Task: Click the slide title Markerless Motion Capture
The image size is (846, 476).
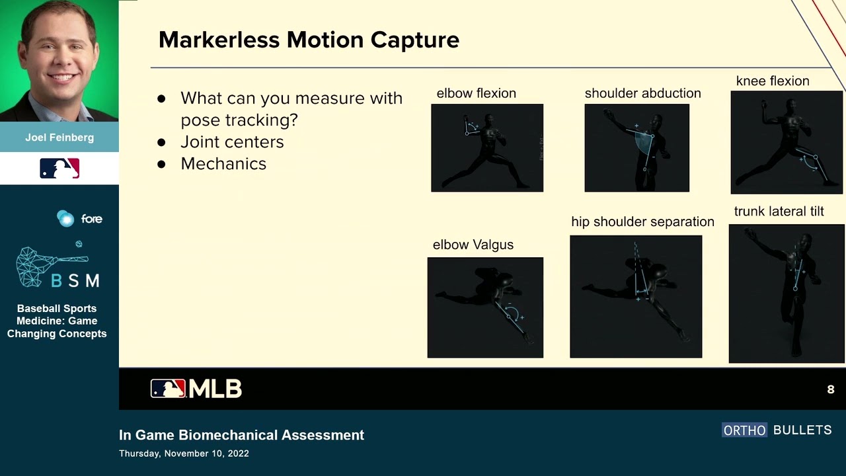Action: pos(309,40)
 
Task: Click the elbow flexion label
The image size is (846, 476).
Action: pos(476,93)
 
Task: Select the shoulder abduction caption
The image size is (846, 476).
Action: pos(642,93)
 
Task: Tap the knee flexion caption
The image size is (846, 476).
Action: pos(773,81)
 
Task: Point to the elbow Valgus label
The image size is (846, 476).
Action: pos(473,245)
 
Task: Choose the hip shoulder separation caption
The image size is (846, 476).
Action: pos(642,222)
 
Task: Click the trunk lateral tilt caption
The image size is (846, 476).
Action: pos(779,212)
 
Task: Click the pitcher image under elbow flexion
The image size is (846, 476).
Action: pos(487,148)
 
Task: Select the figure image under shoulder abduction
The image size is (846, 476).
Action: pos(636,148)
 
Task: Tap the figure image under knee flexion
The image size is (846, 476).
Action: pos(787,142)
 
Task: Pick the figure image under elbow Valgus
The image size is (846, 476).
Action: pos(485,307)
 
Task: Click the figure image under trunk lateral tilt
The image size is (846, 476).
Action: pos(787,294)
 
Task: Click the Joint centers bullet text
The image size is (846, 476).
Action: pos(232,142)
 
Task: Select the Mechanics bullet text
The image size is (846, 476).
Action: pos(223,164)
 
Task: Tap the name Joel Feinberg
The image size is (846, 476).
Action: pos(59,138)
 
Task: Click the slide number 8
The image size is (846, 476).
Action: pos(831,389)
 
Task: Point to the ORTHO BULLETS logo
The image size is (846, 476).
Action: pos(777,430)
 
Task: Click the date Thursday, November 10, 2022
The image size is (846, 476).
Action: pos(184,454)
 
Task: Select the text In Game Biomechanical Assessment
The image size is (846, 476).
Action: pos(241,435)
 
